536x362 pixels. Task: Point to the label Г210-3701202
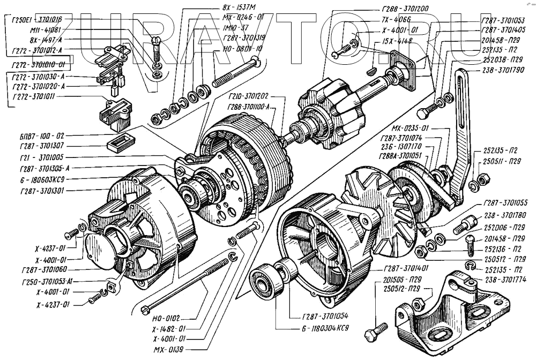248,98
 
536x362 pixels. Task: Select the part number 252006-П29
504,228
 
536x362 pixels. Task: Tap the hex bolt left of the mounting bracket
376,334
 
